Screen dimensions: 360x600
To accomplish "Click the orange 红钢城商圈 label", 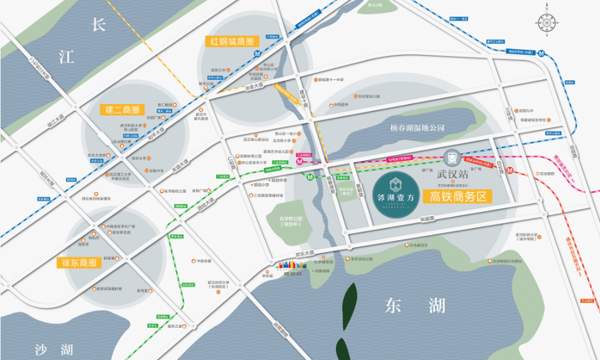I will coord(231,41).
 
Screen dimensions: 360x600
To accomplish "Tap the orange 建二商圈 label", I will coord(122,109).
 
